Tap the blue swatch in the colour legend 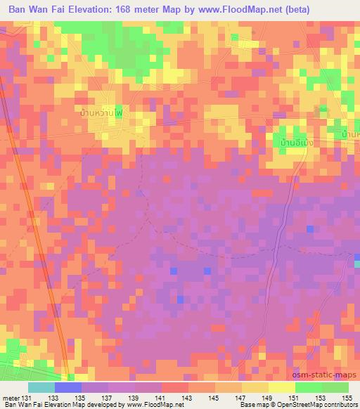tap(67, 387)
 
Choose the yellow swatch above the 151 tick tap(282, 387)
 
